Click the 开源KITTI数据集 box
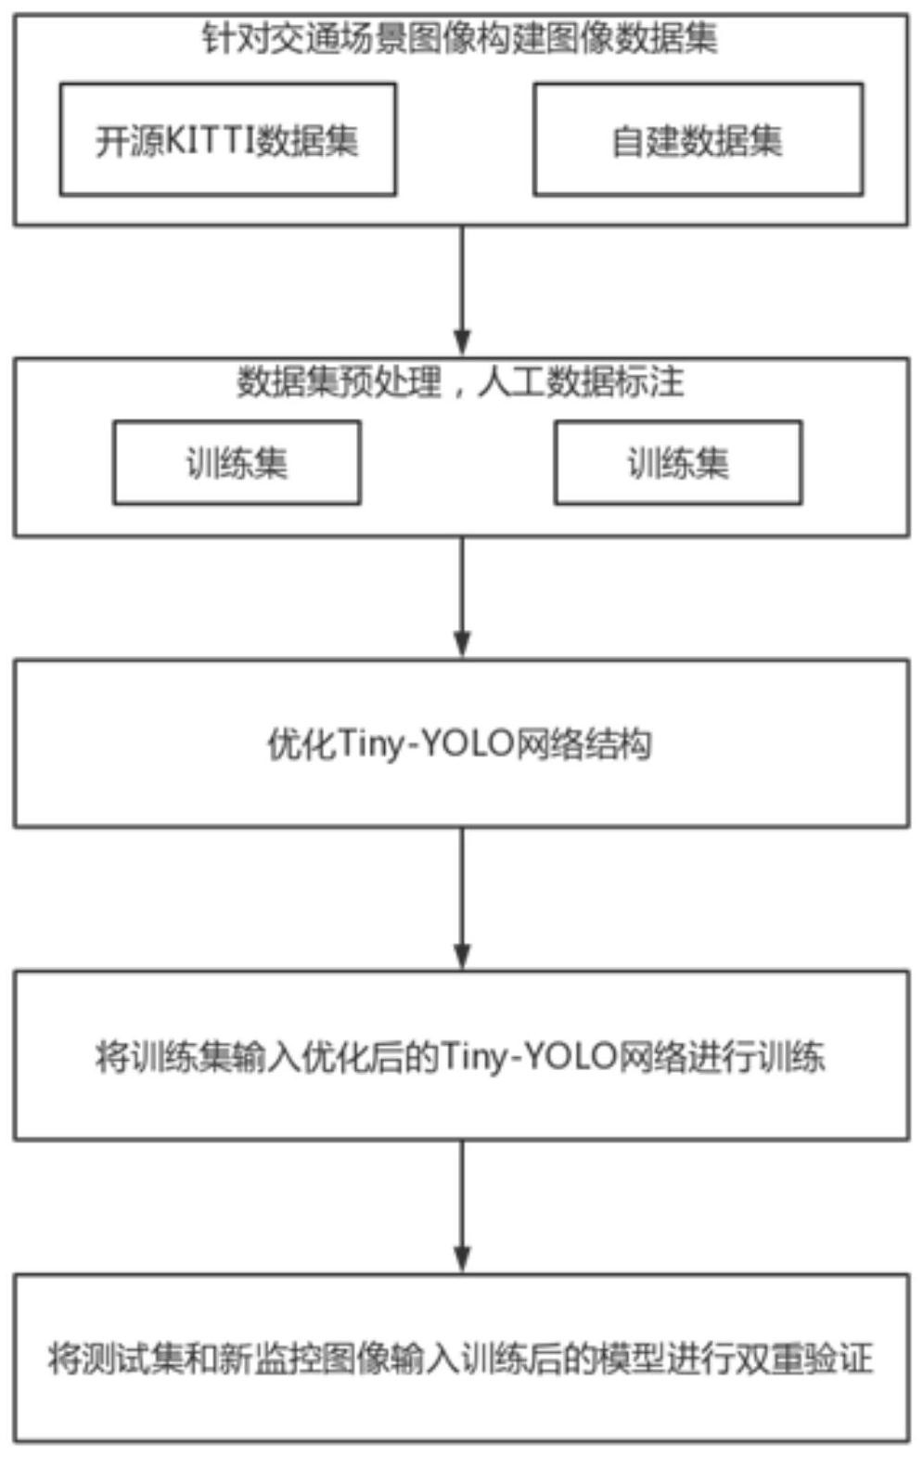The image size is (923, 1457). (227, 139)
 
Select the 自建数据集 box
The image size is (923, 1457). (698, 139)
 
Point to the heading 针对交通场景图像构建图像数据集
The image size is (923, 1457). (460, 39)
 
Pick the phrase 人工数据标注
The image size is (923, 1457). (581, 381)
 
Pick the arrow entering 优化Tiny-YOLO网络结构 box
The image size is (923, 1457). (462, 598)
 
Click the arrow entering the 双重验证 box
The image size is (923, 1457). (462, 1206)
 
